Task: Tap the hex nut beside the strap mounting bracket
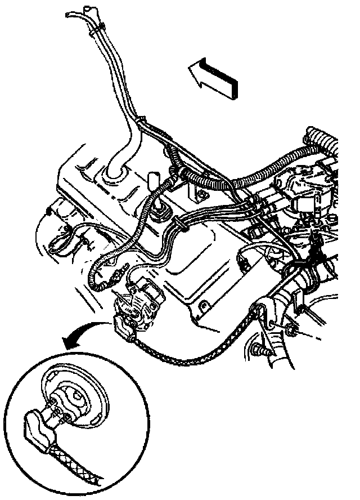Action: pos(290,331)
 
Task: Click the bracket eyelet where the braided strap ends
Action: pos(258,312)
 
